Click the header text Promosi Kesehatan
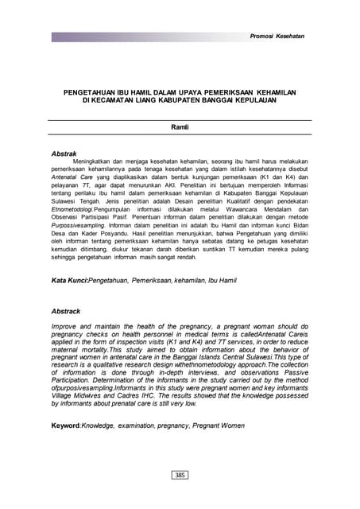(x=277, y=37)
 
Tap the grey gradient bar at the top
(x=143, y=37)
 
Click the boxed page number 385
(x=180, y=475)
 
